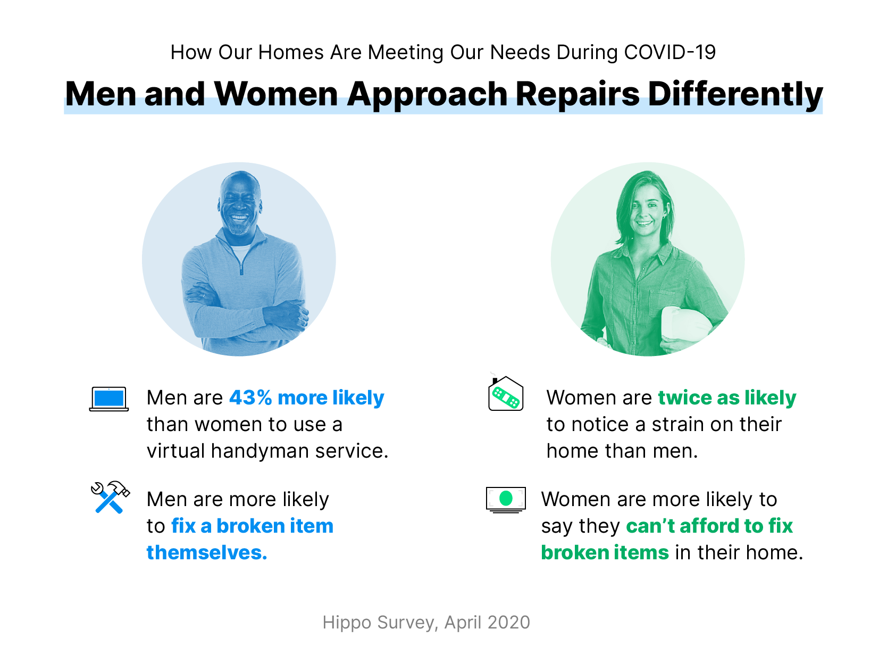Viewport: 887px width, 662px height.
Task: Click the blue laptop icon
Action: [109, 399]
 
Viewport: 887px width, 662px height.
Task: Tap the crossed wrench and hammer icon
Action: [110, 497]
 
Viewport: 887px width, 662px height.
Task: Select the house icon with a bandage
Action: [506, 394]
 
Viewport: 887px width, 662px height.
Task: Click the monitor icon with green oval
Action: [506, 499]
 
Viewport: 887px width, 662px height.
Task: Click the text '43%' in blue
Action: [250, 398]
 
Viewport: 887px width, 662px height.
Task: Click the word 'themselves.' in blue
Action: [207, 553]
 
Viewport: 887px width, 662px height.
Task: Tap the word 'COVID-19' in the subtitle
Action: [670, 53]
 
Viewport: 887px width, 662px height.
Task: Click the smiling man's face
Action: [239, 205]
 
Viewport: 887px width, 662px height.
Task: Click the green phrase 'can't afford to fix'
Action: [709, 526]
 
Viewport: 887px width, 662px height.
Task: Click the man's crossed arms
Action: [245, 314]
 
